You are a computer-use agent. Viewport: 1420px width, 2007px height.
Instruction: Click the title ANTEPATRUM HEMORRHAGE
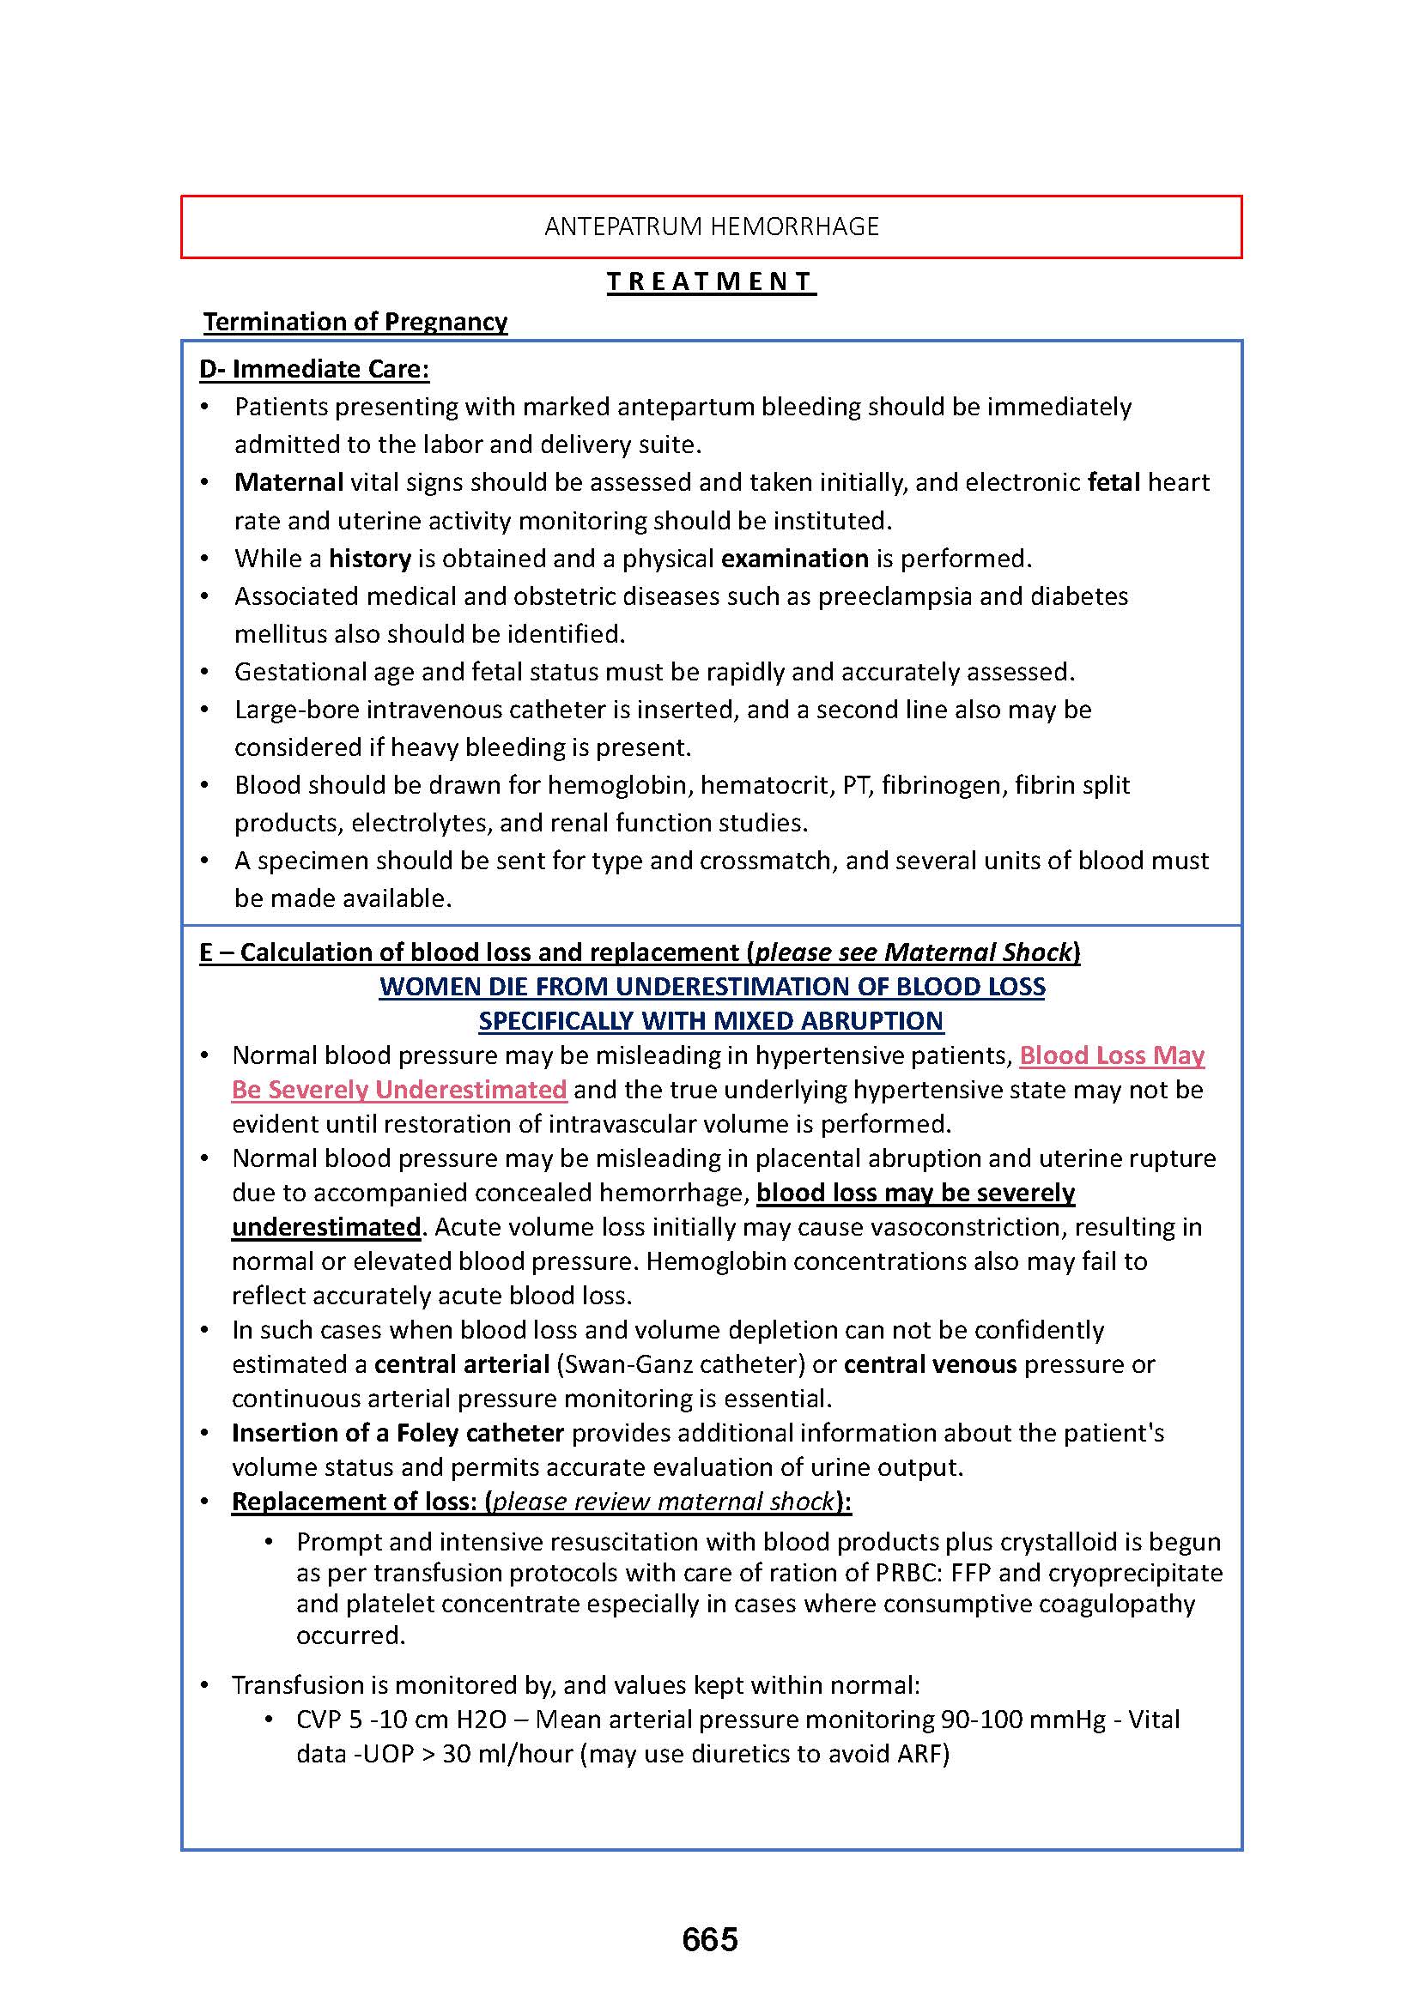click(x=711, y=227)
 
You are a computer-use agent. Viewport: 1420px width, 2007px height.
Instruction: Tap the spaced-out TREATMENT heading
click(x=711, y=281)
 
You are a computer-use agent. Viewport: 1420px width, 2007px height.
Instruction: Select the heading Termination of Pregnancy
click(x=355, y=322)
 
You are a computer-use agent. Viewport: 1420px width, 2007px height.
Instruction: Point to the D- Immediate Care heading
click(x=314, y=369)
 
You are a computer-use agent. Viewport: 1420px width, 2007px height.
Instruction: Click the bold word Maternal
click(x=288, y=482)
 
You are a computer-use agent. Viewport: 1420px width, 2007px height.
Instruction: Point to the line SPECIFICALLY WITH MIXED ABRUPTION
click(x=711, y=1021)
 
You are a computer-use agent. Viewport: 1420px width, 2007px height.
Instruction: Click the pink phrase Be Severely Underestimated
click(x=398, y=1090)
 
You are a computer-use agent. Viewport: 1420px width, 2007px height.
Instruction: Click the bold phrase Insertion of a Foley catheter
click(x=397, y=1433)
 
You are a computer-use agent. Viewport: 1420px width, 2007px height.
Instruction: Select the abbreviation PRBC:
click(x=909, y=1573)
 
